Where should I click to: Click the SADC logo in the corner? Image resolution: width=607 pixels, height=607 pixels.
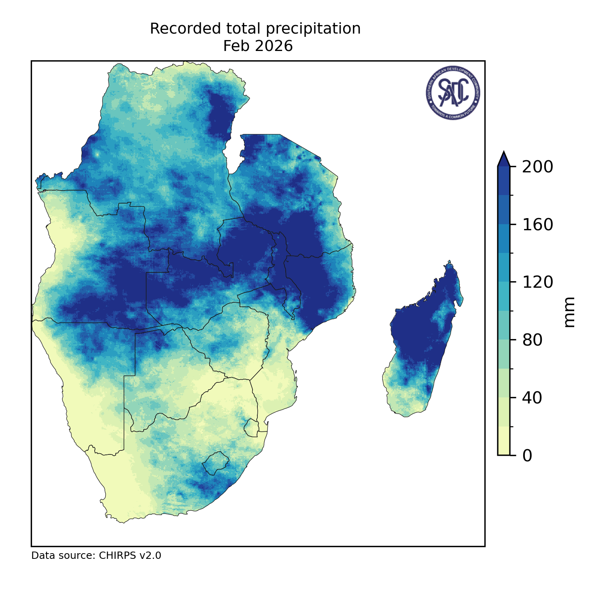[x=453, y=93]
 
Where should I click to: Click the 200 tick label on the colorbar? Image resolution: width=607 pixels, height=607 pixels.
[x=537, y=167]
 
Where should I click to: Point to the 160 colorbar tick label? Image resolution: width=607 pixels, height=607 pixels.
[x=537, y=225]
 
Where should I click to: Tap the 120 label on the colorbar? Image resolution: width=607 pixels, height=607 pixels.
[x=537, y=282]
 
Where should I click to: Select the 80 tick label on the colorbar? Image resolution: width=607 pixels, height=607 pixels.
[x=532, y=340]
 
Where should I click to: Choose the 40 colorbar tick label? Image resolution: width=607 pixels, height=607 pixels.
[x=532, y=398]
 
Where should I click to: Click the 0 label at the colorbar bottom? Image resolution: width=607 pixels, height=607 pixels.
[x=527, y=456]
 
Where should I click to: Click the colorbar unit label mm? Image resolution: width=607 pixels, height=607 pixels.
[x=569, y=312]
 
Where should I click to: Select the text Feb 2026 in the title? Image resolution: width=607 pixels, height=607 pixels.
[x=258, y=46]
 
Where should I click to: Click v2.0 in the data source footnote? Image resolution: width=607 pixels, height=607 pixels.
[x=150, y=556]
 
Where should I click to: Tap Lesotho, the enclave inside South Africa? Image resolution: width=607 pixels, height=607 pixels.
[x=216, y=463]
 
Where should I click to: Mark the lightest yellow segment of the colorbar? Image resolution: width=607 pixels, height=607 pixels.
[x=503, y=441]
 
